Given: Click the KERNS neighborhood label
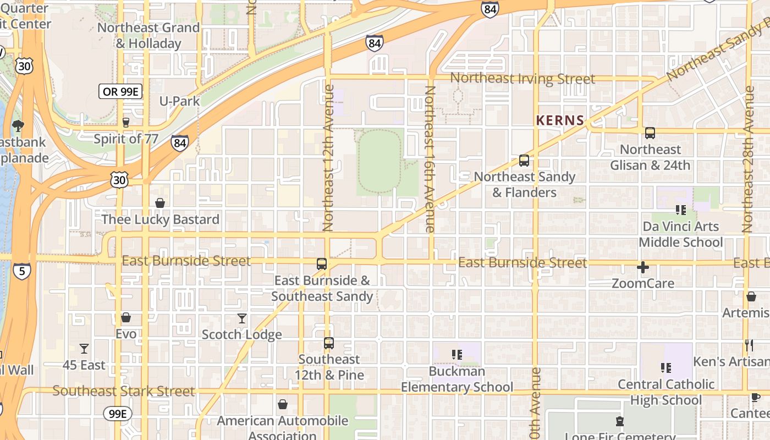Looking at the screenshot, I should pos(560,120).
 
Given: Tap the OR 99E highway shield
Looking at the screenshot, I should pos(120,91).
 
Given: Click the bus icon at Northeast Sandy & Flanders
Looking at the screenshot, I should pos(524,161).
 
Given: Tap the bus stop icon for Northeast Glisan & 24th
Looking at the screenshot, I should pos(650,133).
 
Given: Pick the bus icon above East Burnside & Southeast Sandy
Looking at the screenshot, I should pos(322,264).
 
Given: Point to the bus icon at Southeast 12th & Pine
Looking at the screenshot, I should pos(329,343).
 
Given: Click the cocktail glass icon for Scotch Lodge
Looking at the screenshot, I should pos(242,318).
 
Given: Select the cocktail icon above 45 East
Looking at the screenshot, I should pos(84,349).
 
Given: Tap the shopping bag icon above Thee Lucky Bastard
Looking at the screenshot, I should pos(160,204).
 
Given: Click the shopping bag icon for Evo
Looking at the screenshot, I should pos(126,317).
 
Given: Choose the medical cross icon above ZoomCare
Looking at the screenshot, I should pos(642,268).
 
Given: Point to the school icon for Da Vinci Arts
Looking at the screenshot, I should pos(681,210).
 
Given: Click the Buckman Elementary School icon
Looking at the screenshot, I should pos(457,355).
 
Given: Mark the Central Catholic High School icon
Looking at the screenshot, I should pos(666,367).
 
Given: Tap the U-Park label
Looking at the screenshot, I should pos(179,101).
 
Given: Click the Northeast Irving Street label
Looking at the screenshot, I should pos(522,79).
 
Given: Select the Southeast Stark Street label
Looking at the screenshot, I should pos(124,391).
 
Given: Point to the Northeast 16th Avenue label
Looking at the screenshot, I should pos(430,159).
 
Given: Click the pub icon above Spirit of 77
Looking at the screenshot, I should pos(126,123).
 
